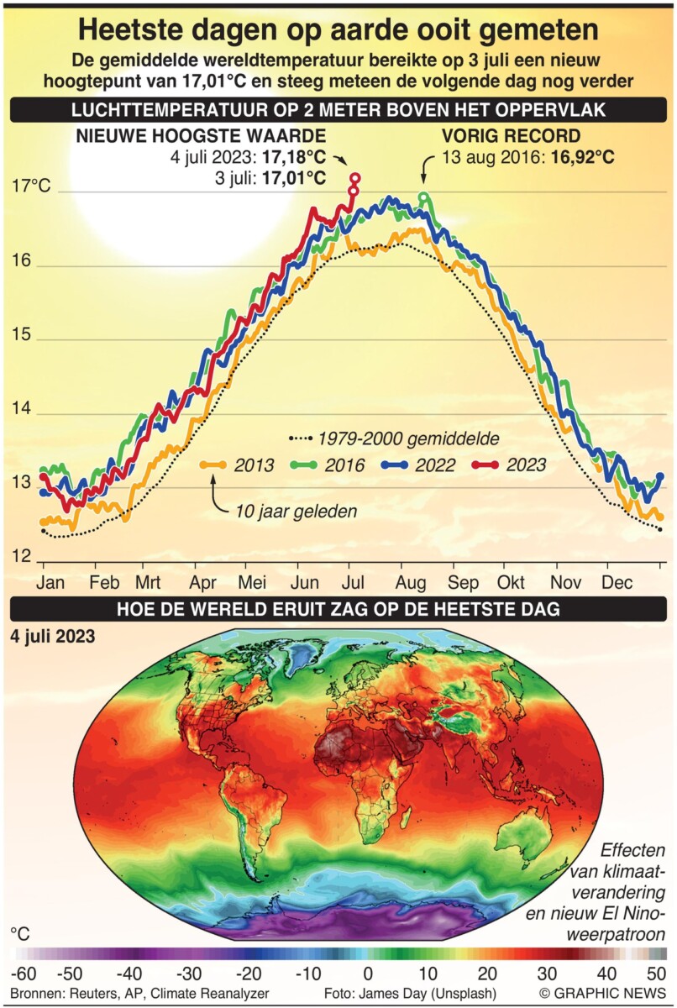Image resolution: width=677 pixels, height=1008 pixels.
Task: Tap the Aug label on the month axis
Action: pyautogui.click(x=411, y=583)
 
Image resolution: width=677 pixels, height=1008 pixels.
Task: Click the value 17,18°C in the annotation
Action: pyautogui.click(x=294, y=157)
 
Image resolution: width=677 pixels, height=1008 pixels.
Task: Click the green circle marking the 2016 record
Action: pyautogui.click(x=424, y=198)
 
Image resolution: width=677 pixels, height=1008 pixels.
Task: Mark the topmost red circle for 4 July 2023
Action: pyautogui.click(x=355, y=178)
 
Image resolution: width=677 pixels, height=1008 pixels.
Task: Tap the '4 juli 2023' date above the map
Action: pyautogui.click(x=52, y=636)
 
